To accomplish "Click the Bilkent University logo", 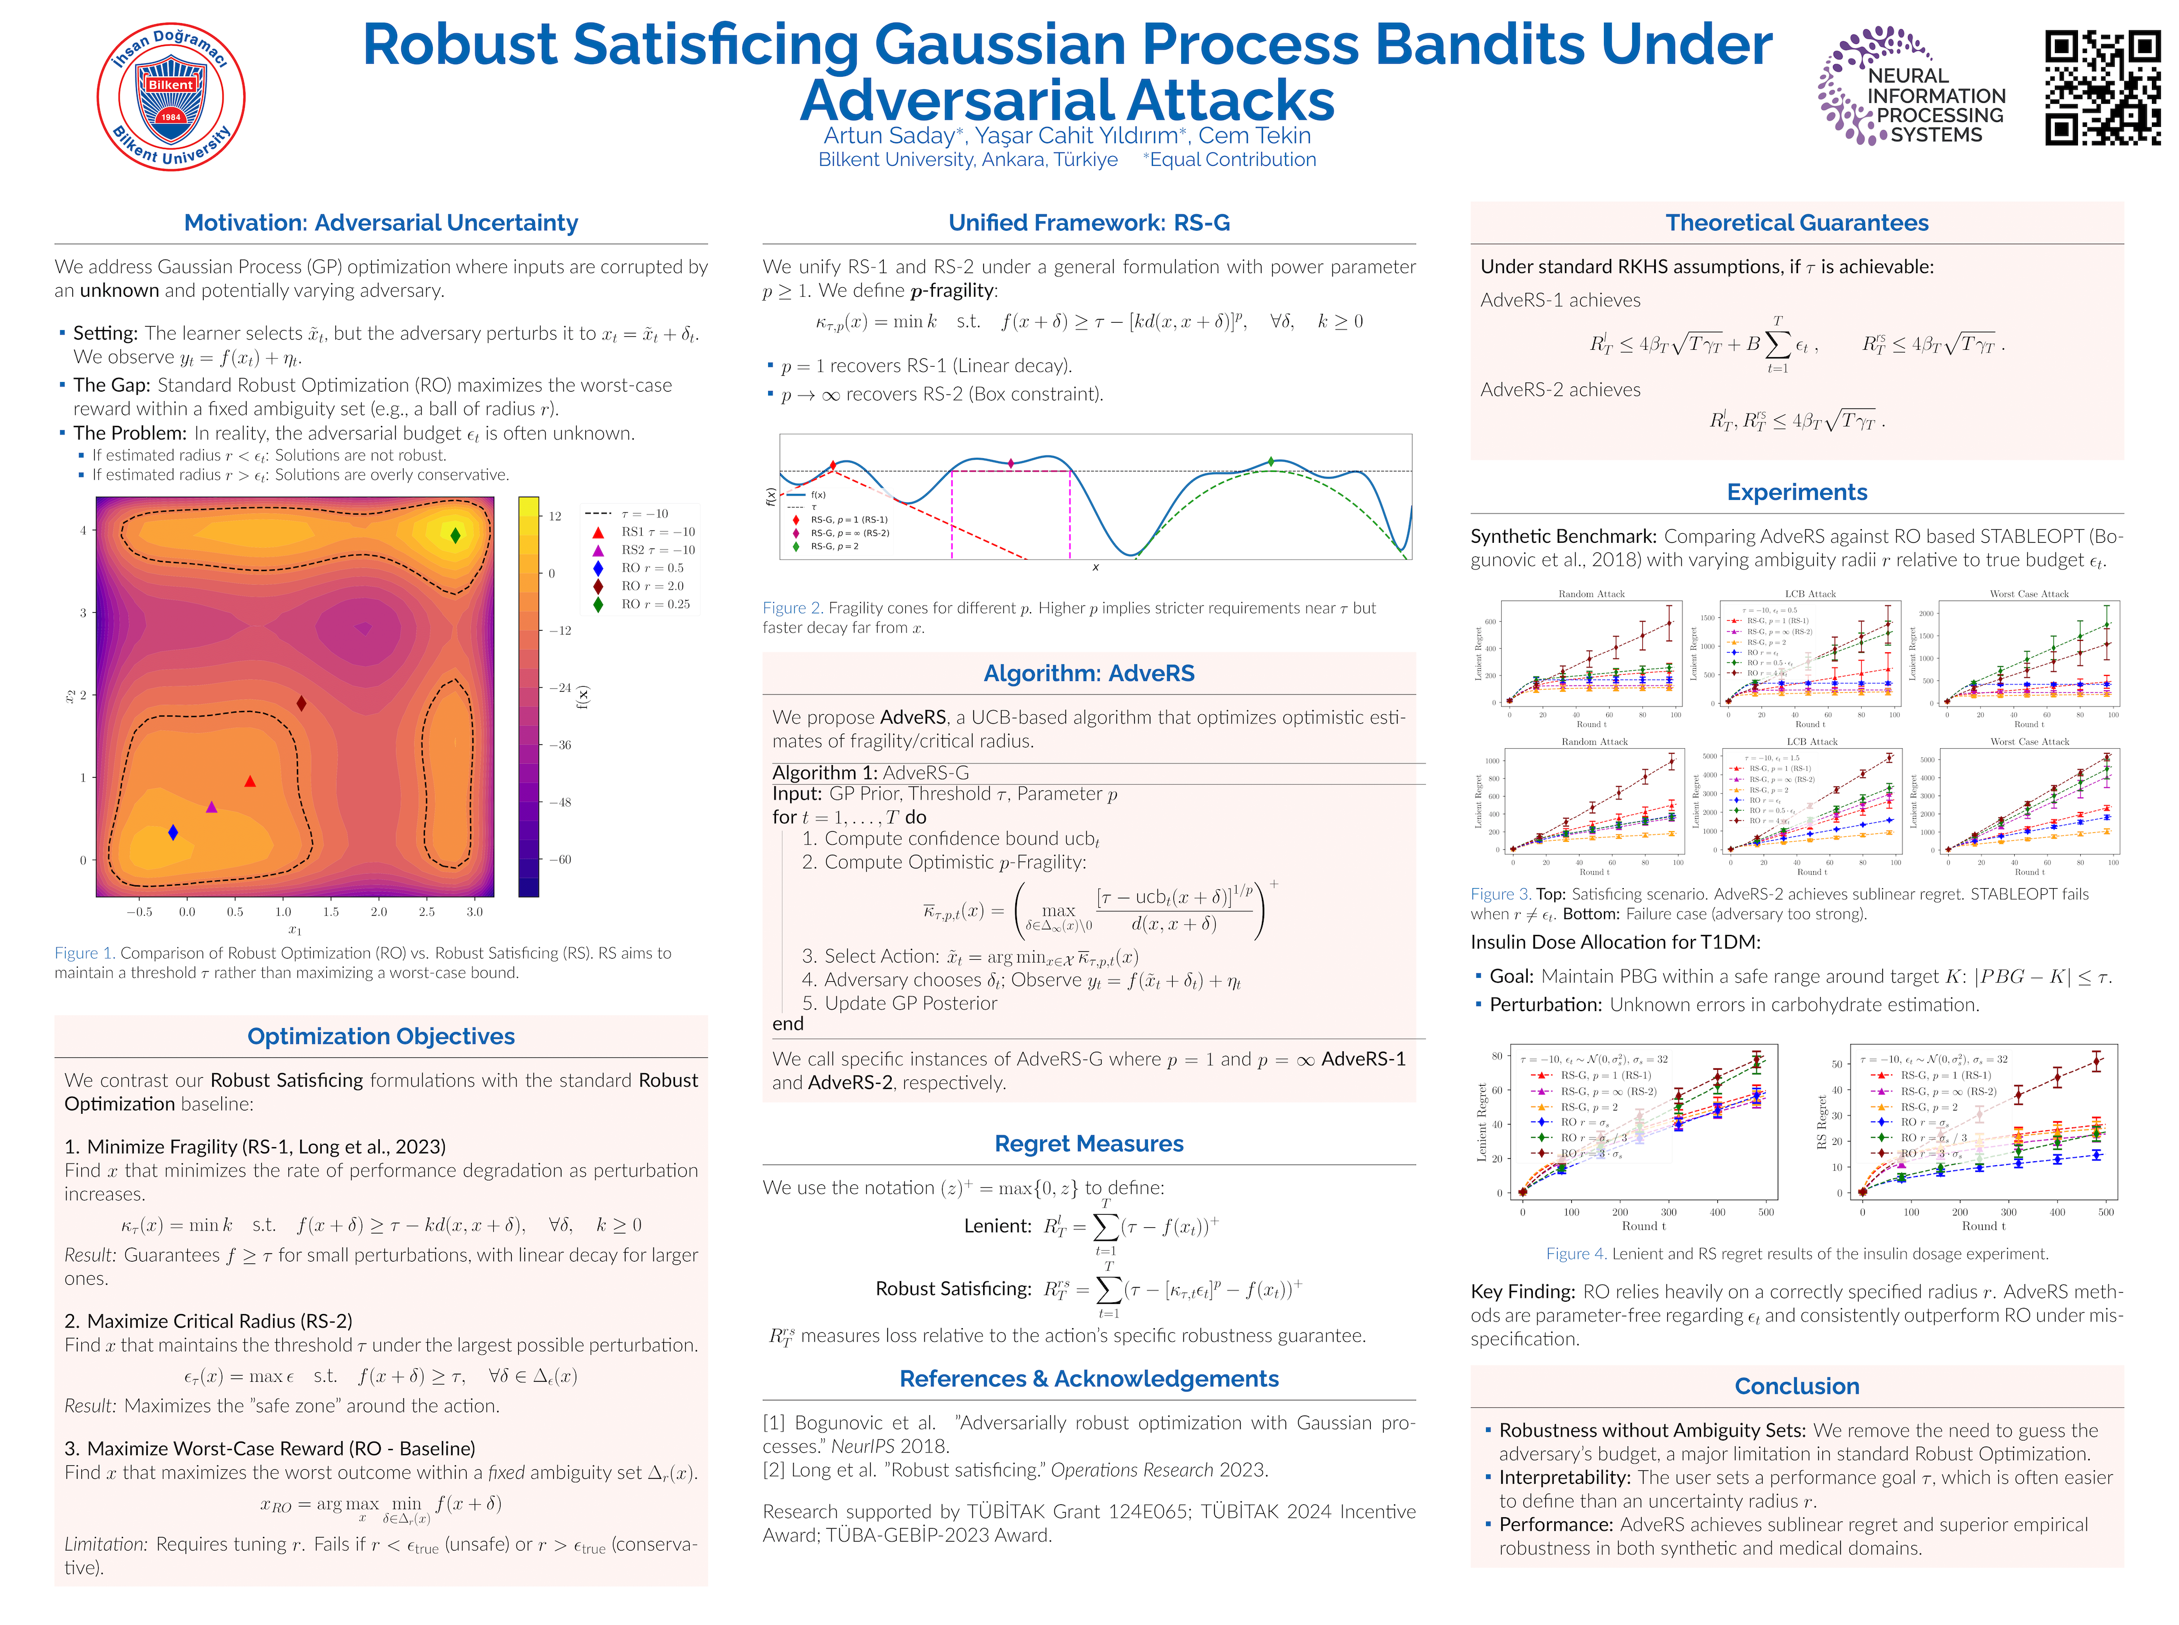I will (x=170, y=96).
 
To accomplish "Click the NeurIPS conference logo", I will (x=1909, y=86).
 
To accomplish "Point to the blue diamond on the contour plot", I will (x=173, y=832).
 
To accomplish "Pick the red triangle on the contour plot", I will (x=250, y=781).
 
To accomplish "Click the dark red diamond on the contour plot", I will (x=301, y=703).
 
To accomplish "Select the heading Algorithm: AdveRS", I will (x=1088, y=674).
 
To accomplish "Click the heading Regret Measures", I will (x=1088, y=1144).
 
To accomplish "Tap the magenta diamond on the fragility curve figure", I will (x=1010, y=462).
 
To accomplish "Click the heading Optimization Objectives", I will (x=381, y=1037).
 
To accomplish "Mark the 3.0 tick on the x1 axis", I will (x=474, y=912).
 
